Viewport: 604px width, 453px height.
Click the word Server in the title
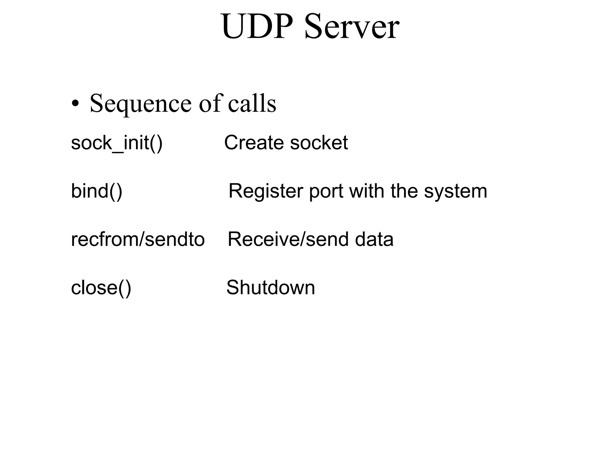coord(352,27)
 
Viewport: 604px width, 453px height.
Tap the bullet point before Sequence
coord(75,104)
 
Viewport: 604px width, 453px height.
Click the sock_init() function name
coord(117,143)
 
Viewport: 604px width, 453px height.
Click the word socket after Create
coord(319,143)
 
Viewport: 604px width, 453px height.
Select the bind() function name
coord(96,191)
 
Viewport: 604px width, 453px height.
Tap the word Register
coord(265,191)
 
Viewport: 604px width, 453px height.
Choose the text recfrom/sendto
coord(138,239)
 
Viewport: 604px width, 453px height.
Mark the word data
coord(374,239)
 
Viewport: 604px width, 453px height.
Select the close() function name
coord(101,288)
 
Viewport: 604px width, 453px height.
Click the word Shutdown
coord(270,288)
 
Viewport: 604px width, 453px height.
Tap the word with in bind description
coord(367,191)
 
